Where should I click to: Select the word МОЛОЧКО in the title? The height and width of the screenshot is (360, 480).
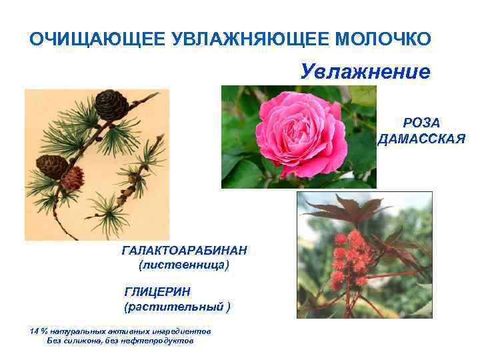tap(385, 39)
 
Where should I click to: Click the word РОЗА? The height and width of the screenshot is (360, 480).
tap(421, 123)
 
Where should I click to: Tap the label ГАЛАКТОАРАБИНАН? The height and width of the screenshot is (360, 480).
tap(185, 250)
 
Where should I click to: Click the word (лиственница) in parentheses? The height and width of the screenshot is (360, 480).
tap(183, 265)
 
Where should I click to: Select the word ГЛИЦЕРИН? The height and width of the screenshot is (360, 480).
tap(157, 291)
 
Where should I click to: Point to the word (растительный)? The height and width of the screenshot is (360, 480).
tap(177, 307)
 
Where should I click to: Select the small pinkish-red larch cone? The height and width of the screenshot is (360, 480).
tap(72, 177)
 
